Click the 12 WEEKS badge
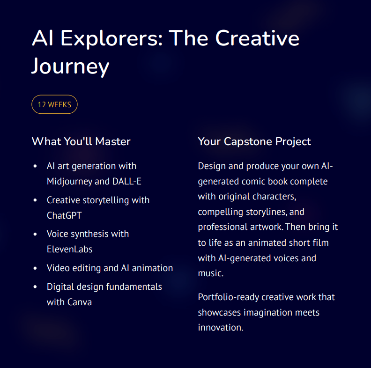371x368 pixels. coord(54,104)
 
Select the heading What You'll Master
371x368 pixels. coord(81,141)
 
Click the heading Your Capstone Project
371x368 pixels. coord(254,141)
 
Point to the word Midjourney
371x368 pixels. coord(71,181)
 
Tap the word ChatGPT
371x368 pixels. coord(64,215)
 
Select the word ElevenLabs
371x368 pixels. coord(69,249)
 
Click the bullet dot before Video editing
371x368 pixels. coord(35,268)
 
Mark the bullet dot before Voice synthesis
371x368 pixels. coord(35,234)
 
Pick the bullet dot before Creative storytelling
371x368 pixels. coord(35,200)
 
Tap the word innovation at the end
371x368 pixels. coord(220,327)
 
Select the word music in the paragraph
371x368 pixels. coord(210,273)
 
